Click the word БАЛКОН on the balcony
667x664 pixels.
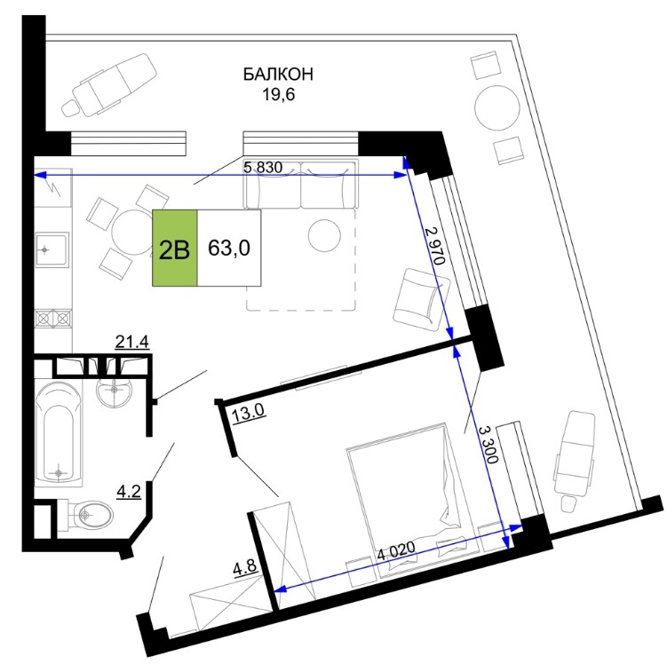[278, 74]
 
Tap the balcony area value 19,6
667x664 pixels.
[278, 94]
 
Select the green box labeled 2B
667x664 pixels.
[175, 248]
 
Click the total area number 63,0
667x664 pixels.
[229, 248]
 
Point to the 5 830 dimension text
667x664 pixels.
[263, 168]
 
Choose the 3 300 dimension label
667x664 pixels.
[488, 444]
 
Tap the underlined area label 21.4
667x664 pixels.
[132, 342]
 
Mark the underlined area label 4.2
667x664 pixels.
[129, 492]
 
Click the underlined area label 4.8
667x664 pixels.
[246, 567]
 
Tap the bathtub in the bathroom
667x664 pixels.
[58, 432]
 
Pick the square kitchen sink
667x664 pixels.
[52, 249]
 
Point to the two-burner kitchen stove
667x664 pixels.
[53, 319]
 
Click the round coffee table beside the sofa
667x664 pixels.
[324, 235]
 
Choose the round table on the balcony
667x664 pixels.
[496, 107]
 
